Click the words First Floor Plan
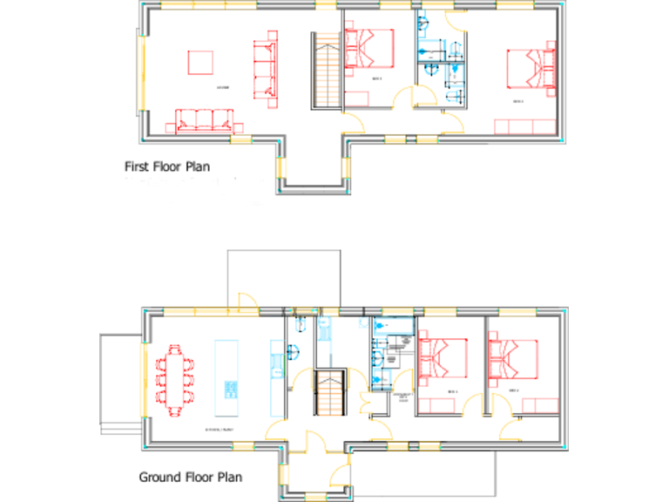click(x=166, y=165)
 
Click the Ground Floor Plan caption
click(x=190, y=477)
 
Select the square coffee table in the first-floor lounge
click(x=200, y=64)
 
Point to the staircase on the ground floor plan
click(x=331, y=392)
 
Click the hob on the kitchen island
click(x=232, y=389)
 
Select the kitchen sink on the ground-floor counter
click(x=276, y=366)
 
